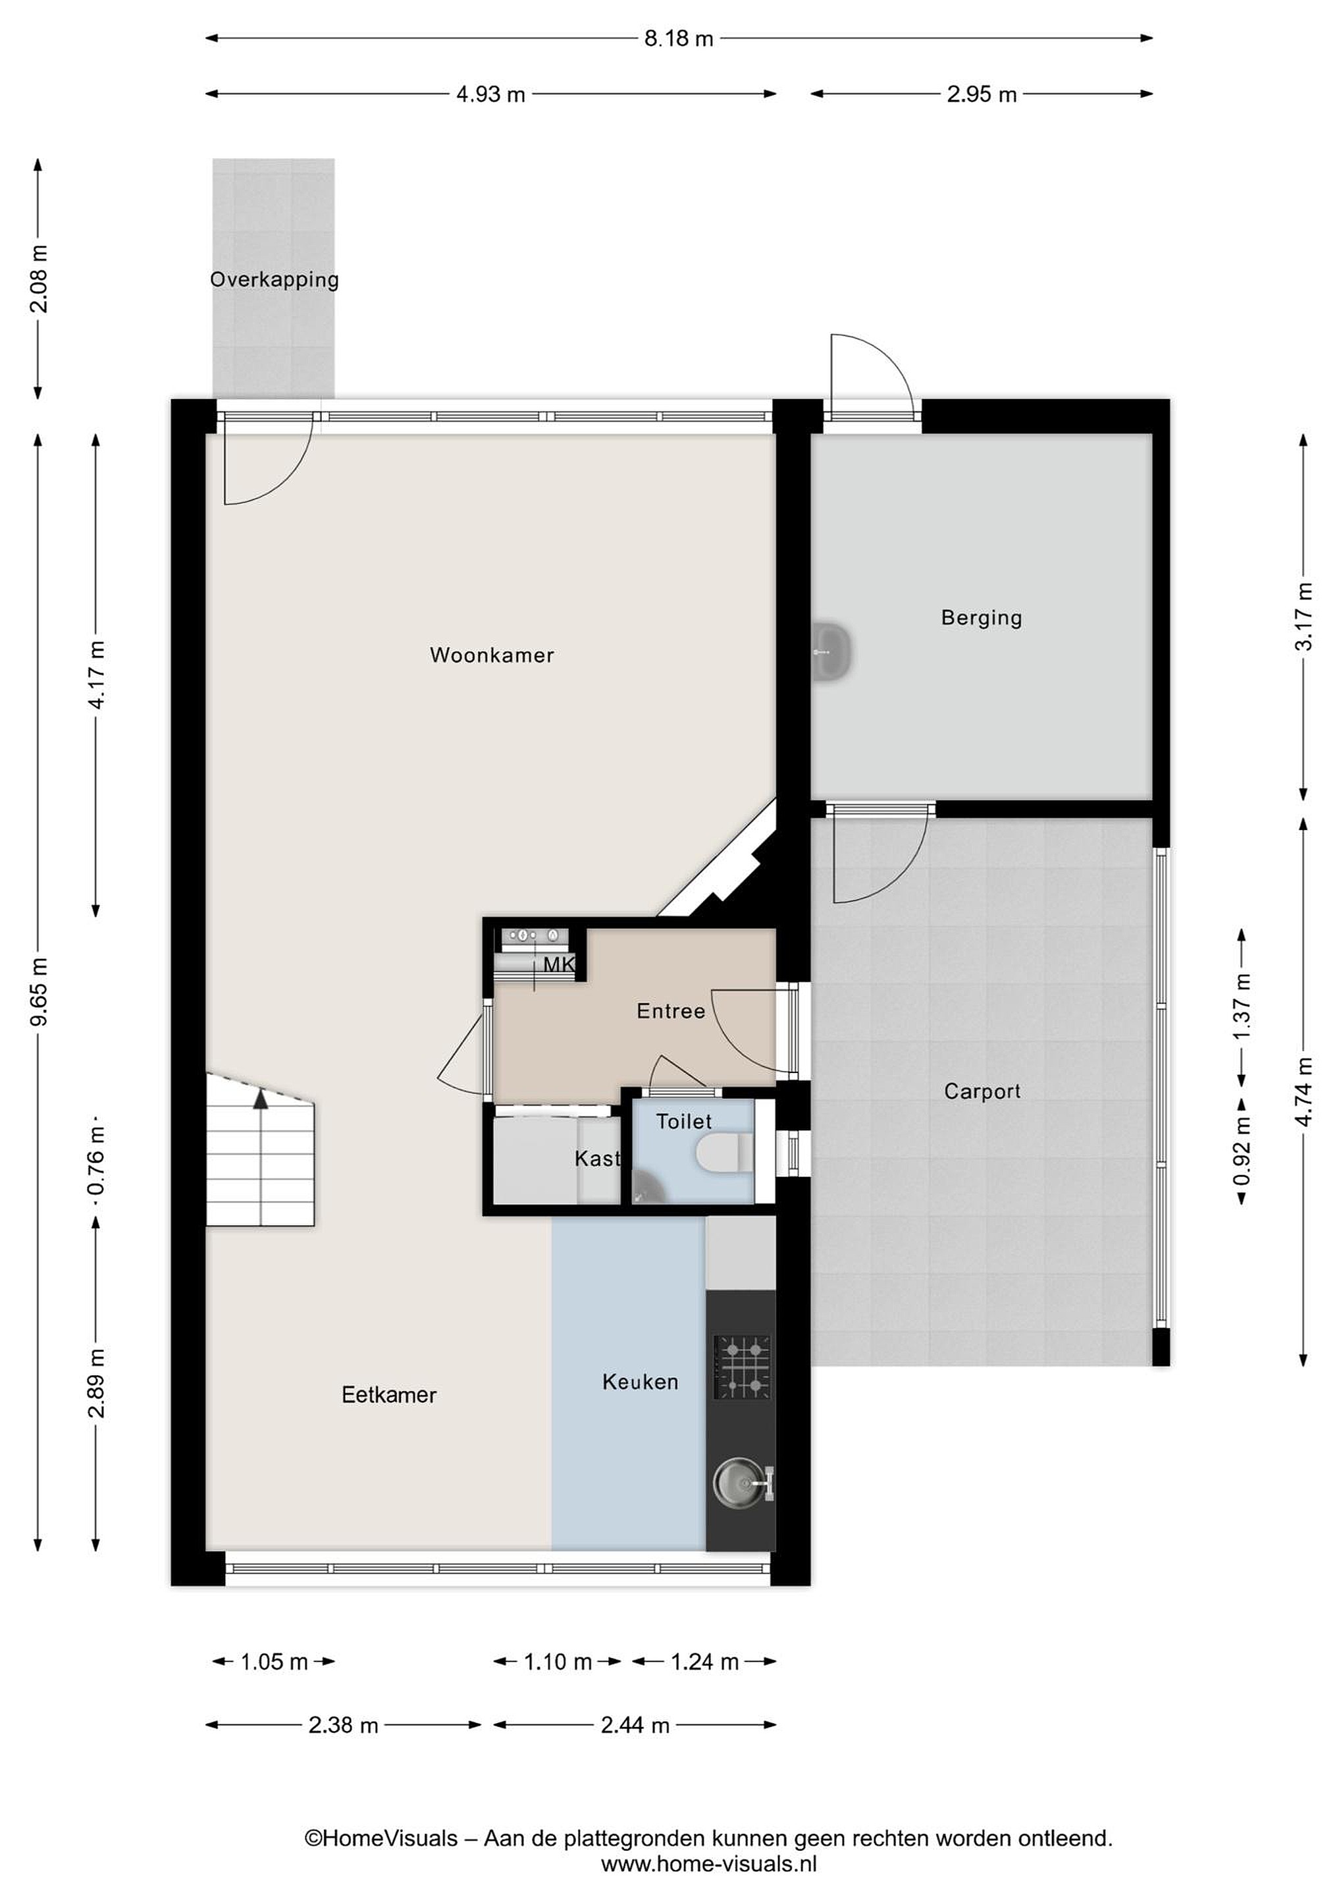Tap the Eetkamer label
(389, 1394)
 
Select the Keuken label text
(640, 1381)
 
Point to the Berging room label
(982, 618)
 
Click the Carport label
(982, 1091)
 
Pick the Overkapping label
(274, 280)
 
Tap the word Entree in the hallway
(670, 1010)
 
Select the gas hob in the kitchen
(743, 1367)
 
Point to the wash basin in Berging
(831, 653)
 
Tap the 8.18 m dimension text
(679, 39)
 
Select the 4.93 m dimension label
(490, 94)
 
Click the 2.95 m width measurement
(982, 94)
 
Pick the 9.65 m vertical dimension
(39, 991)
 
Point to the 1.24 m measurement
(704, 1662)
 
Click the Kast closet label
(597, 1159)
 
